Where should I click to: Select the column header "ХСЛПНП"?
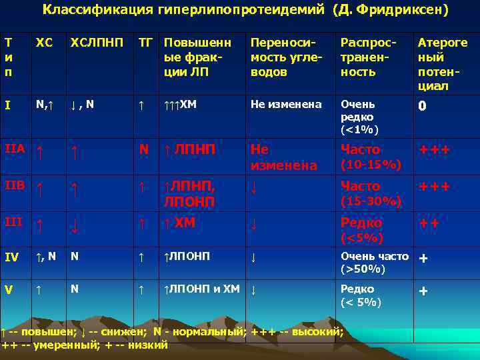click(x=97, y=43)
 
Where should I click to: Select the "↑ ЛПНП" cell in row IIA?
click(x=190, y=150)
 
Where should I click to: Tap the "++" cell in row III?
click(x=428, y=223)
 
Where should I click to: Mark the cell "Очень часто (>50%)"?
click(x=373, y=262)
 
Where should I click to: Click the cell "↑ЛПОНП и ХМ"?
click(x=202, y=289)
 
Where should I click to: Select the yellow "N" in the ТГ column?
click(x=143, y=150)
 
